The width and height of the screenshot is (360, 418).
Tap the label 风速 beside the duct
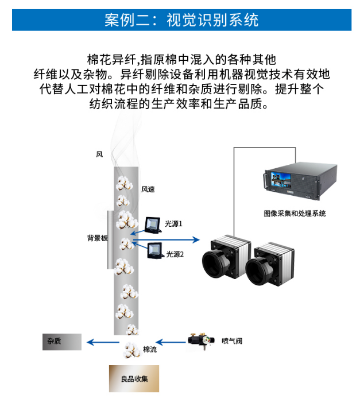click(148, 189)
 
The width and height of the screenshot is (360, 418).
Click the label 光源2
click(175, 253)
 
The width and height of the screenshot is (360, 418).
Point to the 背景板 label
click(97, 238)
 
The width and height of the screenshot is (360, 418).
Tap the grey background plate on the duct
click(110, 240)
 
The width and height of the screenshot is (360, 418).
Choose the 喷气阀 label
click(232, 342)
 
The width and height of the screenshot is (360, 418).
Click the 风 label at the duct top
click(99, 154)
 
